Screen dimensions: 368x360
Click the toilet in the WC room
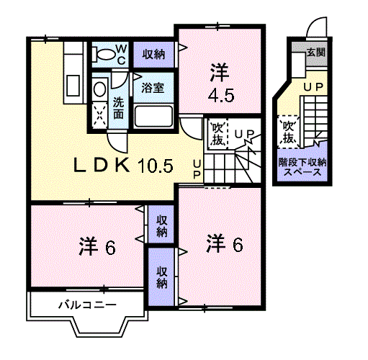click(104, 54)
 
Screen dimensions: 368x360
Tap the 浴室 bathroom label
click(153, 88)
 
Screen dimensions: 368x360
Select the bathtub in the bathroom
click(153, 116)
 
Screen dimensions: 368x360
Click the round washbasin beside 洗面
click(99, 89)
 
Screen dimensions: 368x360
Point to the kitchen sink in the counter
click(73, 86)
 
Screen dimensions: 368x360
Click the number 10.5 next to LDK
click(156, 166)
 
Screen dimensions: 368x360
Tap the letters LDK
click(102, 165)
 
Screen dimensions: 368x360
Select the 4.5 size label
click(221, 96)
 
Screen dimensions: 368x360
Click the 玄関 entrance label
click(316, 52)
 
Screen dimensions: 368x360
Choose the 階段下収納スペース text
click(302, 167)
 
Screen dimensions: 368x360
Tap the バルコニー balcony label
click(88, 305)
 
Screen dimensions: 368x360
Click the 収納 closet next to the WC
click(153, 55)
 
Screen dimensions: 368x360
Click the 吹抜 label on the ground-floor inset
click(288, 132)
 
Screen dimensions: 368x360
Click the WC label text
click(122, 55)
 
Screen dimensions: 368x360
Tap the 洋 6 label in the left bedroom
click(97, 246)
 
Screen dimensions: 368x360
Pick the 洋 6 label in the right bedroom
click(225, 243)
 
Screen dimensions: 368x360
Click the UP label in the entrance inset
click(313, 87)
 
